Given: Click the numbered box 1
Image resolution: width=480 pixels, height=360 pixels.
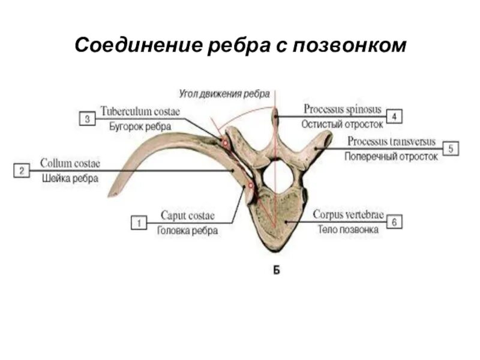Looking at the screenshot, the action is pyautogui.click(x=139, y=223).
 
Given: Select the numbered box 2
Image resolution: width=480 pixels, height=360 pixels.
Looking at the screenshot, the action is pyautogui.click(x=21, y=170).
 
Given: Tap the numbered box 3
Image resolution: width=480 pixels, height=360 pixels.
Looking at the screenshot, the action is pyautogui.click(x=87, y=119).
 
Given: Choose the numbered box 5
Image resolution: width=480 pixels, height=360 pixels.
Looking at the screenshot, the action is pyautogui.click(x=451, y=148).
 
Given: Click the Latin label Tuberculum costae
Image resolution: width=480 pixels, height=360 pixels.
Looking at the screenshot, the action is pyautogui.click(x=140, y=111).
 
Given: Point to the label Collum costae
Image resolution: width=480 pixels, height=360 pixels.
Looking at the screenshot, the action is pyautogui.click(x=70, y=163).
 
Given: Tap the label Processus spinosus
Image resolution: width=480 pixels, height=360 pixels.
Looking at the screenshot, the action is pyautogui.click(x=342, y=109).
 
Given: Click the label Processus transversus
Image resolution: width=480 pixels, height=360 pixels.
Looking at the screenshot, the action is pyautogui.click(x=394, y=142).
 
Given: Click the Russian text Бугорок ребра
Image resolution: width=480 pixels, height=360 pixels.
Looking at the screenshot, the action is pyautogui.click(x=140, y=127).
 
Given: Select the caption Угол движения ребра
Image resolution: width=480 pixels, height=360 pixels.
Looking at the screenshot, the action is pyautogui.click(x=224, y=94).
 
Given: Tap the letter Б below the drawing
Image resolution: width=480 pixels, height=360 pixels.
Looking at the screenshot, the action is pyautogui.click(x=277, y=269).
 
